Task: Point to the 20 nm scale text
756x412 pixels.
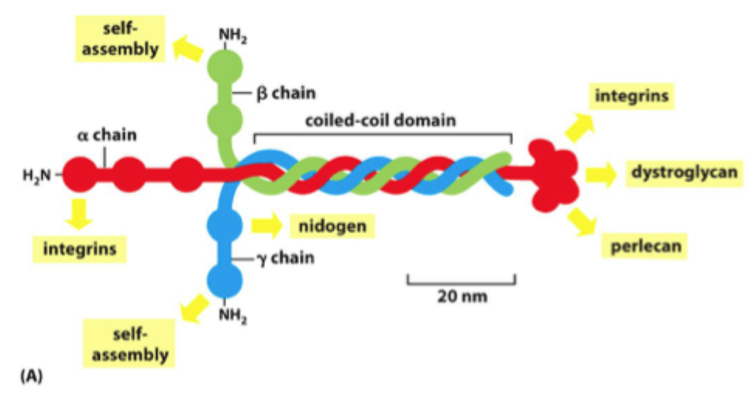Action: click(x=461, y=295)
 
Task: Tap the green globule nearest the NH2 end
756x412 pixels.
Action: click(x=226, y=64)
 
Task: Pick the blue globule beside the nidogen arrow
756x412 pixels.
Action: click(x=225, y=226)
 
